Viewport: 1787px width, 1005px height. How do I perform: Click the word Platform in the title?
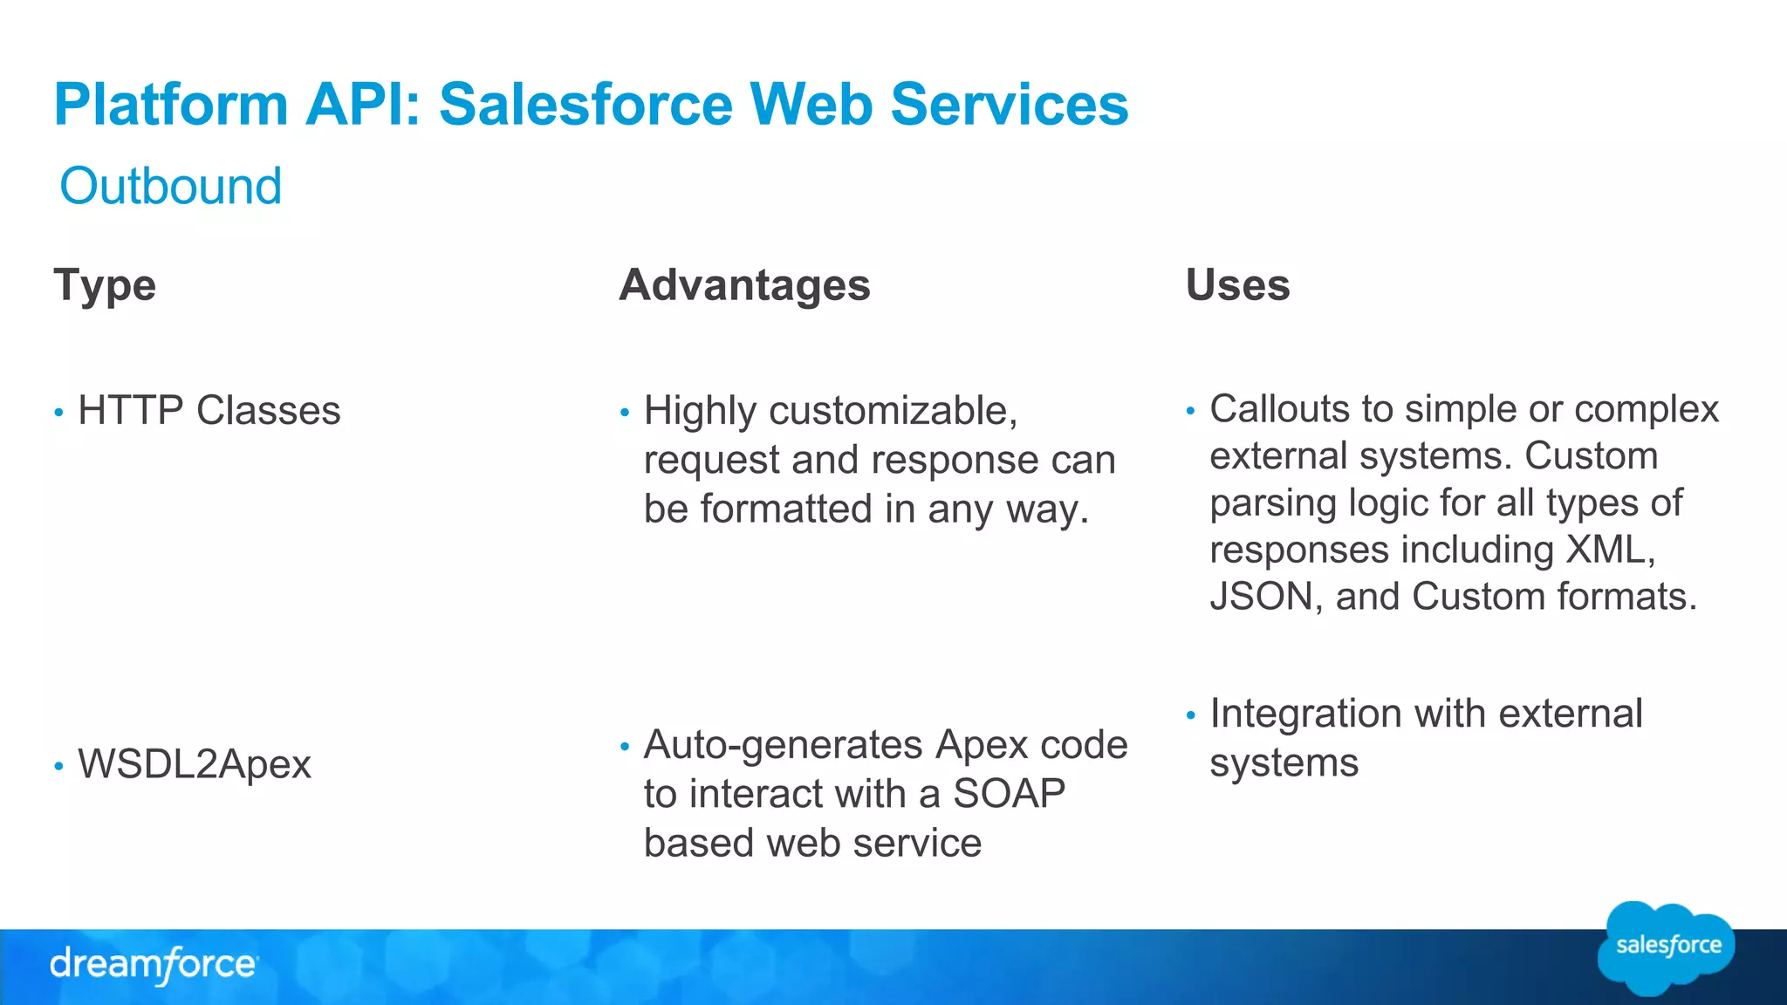tap(171, 105)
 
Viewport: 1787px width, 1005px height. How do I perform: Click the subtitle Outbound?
tap(171, 186)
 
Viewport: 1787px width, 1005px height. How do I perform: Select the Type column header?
tap(105, 285)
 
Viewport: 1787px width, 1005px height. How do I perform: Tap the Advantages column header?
tap(744, 285)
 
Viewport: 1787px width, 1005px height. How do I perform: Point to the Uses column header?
tap(1237, 285)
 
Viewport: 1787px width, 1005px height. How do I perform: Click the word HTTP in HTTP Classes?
tap(130, 410)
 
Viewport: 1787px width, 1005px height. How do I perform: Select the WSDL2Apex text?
tap(195, 764)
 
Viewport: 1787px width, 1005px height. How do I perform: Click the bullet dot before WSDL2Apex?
tap(58, 767)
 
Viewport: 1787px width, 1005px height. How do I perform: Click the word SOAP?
tap(1009, 794)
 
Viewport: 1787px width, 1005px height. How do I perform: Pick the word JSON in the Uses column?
tap(1261, 597)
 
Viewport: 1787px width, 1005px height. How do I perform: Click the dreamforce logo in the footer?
tap(154, 965)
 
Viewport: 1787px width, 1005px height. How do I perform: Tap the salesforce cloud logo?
tap(1667, 947)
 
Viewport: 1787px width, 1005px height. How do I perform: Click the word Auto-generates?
tap(783, 745)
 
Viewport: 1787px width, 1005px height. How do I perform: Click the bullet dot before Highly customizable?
tap(624, 413)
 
